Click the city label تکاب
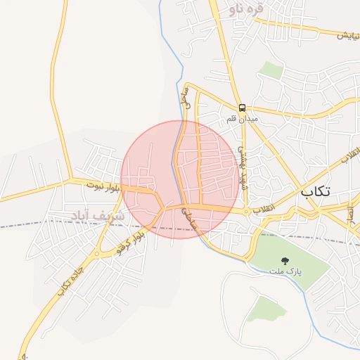321,191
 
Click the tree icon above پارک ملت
285,261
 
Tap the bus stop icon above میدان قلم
242,108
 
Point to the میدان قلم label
242,119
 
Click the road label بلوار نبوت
104,187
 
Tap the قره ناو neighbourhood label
245,9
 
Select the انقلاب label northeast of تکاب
350,156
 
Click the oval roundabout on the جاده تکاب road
103,242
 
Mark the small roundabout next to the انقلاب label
247,210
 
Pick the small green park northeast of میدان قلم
270,70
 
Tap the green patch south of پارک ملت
262,308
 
